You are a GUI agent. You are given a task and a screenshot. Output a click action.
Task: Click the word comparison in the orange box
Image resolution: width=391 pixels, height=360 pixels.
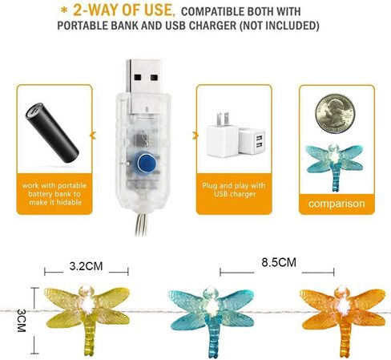point(337,204)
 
